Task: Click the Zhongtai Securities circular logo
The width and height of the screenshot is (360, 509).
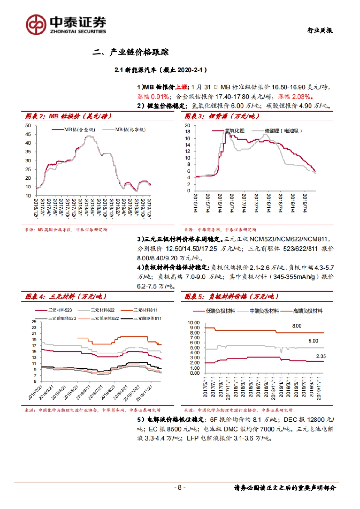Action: tap(36, 24)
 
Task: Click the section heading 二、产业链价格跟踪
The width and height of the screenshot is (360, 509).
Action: tap(130, 52)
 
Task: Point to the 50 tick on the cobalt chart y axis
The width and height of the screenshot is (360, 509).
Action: tap(28, 126)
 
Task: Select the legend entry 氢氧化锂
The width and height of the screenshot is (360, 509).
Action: tap(235, 131)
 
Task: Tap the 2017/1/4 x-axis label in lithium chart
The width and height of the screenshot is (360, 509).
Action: tap(244, 203)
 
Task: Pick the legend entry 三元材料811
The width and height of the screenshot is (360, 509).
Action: tap(145, 310)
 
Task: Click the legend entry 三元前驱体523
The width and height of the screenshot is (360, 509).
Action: tap(62, 318)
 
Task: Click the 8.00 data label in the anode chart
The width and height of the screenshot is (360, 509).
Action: tap(297, 326)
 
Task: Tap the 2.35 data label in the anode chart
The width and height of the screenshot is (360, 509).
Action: tap(321, 356)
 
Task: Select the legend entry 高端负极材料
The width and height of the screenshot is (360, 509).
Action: tap(307, 311)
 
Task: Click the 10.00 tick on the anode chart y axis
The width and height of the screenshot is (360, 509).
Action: tap(193, 323)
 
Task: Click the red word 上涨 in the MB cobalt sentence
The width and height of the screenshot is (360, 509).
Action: tap(181, 87)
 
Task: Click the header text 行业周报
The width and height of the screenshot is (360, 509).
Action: tap(320, 30)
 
